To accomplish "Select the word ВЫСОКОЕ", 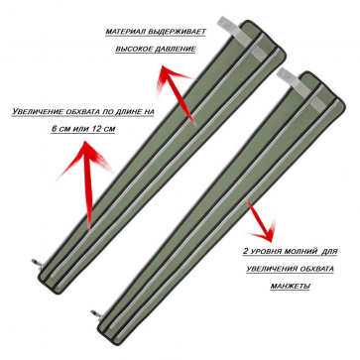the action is coord(133,50).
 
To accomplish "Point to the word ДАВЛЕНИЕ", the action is coord(175,50).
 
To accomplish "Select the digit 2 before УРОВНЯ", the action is coord(246,252).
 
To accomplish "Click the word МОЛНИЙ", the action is coord(300,252).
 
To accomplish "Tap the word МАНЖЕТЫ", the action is coord(290,286).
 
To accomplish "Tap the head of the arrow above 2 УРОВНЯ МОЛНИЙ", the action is coord(267,232).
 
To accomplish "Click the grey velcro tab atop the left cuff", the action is coord(230,29).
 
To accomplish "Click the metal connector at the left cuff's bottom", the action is coord(37,263).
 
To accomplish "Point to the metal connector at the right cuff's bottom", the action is coord(95,313).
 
